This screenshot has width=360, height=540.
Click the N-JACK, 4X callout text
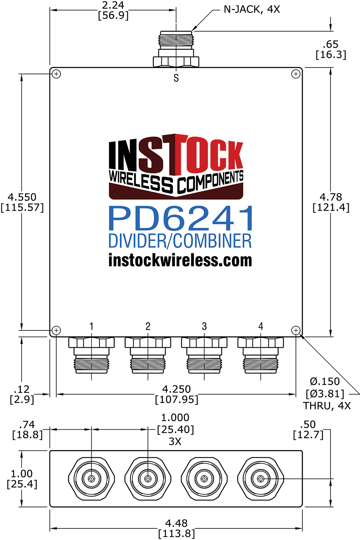252,9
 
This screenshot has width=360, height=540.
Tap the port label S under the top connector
176,78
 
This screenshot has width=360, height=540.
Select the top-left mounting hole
56,74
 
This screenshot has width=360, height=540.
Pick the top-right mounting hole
296,74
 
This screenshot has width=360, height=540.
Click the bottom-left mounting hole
56,330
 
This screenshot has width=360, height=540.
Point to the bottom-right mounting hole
296,330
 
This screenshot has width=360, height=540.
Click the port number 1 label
91,326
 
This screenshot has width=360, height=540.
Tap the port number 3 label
204,326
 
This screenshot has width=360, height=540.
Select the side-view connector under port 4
261,355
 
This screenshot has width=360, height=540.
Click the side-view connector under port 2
148,355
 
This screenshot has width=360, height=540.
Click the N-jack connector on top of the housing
176,49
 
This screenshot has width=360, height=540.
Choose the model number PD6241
181,218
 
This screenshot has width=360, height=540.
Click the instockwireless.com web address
180,260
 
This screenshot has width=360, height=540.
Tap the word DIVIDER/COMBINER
180,241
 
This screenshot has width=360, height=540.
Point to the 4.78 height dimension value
331,197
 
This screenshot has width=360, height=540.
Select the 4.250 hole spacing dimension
176,389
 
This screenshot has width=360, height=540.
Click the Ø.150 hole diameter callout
325,381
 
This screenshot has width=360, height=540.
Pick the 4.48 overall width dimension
176,523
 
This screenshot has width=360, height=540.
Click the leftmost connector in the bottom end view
91,478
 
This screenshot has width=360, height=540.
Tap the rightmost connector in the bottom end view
261,478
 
